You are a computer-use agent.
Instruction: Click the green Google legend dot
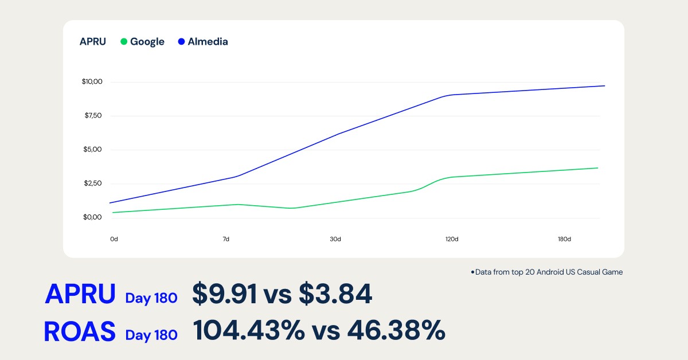click(123, 42)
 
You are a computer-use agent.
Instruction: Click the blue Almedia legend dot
click(181, 42)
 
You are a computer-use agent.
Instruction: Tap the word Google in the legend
click(147, 42)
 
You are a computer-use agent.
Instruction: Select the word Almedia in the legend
click(208, 42)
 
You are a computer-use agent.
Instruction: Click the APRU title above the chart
click(93, 42)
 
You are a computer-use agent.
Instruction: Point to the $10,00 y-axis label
click(92, 81)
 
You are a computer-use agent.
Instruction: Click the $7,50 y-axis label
click(93, 116)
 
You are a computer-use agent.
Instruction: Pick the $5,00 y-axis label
click(93, 150)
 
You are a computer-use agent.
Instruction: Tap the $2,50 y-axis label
click(93, 183)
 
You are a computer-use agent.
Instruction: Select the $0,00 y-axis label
click(93, 217)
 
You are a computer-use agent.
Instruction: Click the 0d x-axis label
click(114, 239)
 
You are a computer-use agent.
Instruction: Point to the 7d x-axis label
click(226, 239)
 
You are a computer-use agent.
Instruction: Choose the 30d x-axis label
click(335, 239)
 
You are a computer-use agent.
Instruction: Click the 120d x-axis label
click(452, 239)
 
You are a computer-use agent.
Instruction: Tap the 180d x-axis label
click(565, 239)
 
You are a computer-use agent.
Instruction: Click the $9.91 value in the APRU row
click(225, 294)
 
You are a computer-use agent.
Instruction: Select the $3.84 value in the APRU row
click(335, 294)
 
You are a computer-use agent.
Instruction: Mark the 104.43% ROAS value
click(248, 331)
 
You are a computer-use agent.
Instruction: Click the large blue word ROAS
click(80, 332)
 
